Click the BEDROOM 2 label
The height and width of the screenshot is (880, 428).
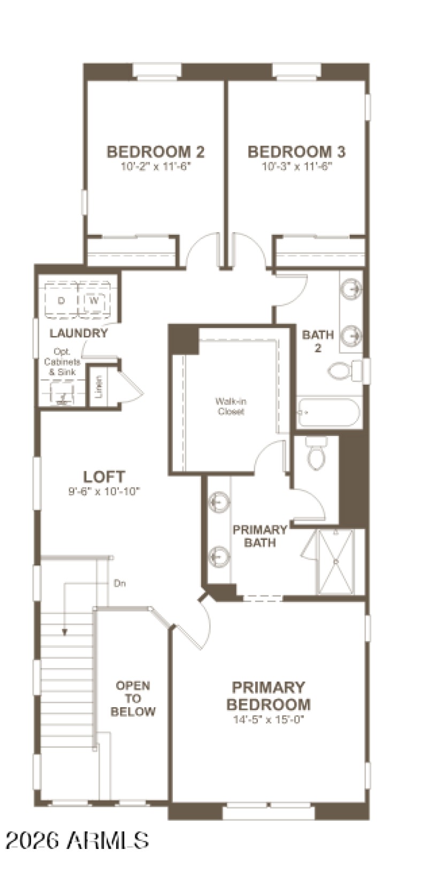click(x=156, y=152)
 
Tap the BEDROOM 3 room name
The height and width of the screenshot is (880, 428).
click(x=296, y=152)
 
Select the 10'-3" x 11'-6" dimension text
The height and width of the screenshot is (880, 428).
click(x=297, y=166)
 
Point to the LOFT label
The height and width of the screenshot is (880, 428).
click(x=104, y=476)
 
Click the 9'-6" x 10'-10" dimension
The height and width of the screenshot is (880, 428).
click(x=104, y=491)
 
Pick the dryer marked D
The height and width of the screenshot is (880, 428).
click(x=62, y=301)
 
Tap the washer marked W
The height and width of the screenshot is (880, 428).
click(x=94, y=301)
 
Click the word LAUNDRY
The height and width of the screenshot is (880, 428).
click(x=79, y=334)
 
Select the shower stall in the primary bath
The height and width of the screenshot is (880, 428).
click(x=336, y=561)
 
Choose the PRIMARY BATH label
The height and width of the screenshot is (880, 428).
click(x=260, y=536)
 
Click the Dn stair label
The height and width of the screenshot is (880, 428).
click(x=120, y=583)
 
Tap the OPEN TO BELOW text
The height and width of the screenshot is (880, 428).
click(x=133, y=699)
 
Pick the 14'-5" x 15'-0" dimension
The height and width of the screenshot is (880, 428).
click(x=269, y=720)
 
